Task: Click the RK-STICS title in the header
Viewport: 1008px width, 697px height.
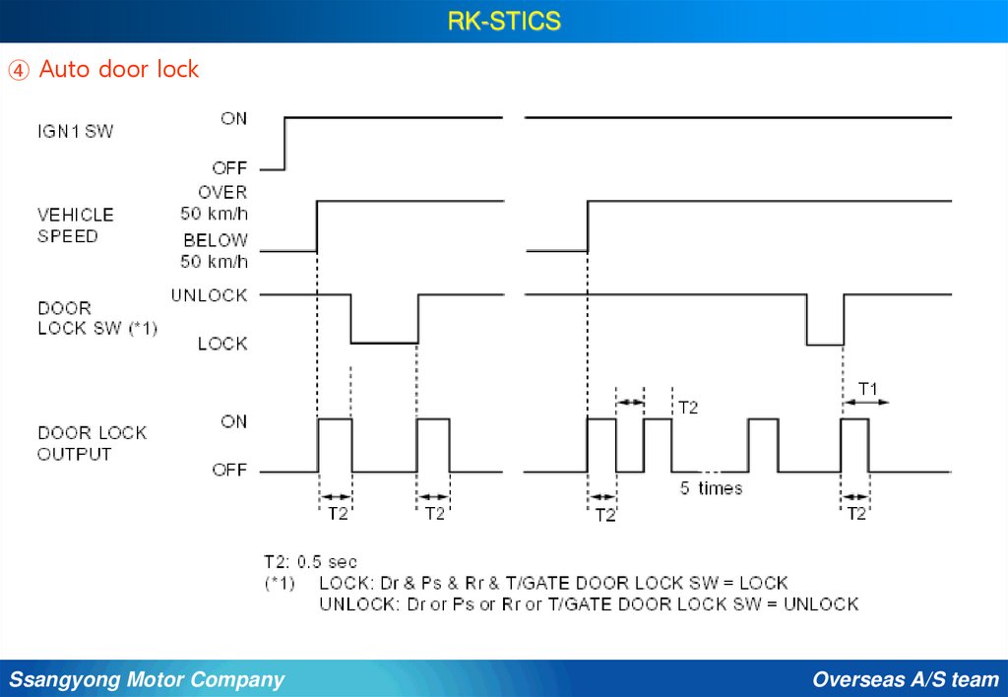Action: (x=504, y=21)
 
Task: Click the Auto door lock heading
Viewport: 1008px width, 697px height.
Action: (x=119, y=70)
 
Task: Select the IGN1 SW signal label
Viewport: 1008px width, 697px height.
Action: (x=75, y=130)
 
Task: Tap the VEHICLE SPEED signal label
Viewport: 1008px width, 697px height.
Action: (x=76, y=225)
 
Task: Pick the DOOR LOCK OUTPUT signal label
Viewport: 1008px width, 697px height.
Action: (x=92, y=443)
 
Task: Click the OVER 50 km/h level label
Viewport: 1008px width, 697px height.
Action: (x=215, y=202)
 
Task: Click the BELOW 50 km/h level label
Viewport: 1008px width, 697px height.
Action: (x=215, y=250)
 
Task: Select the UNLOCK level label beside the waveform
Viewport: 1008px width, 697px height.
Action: (x=209, y=295)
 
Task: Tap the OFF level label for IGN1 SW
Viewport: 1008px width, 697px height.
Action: (x=229, y=168)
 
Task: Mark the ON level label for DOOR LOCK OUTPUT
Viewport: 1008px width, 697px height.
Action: (x=234, y=421)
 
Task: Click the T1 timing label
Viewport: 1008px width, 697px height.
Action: (x=867, y=389)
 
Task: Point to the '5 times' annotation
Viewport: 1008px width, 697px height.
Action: (x=712, y=488)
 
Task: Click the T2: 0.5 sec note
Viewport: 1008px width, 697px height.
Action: (x=310, y=562)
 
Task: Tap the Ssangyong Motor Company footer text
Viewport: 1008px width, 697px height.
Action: (x=147, y=679)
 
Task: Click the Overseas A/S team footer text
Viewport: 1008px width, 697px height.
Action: (x=906, y=679)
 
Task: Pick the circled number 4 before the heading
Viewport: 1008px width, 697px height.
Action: (x=20, y=70)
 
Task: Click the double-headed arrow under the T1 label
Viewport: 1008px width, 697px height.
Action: (x=866, y=403)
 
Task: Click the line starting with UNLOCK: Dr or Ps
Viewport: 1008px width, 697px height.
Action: (x=589, y=603)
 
